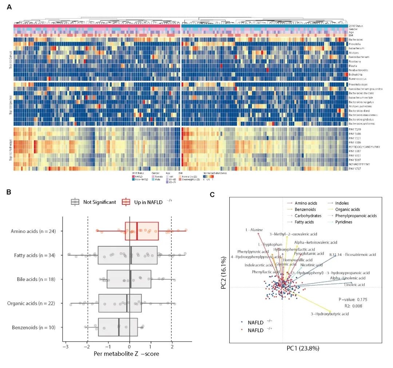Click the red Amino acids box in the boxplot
[142, 231]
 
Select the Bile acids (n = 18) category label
[36, 279]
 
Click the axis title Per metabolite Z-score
[126, 353]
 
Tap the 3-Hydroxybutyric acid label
[330, 314]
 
